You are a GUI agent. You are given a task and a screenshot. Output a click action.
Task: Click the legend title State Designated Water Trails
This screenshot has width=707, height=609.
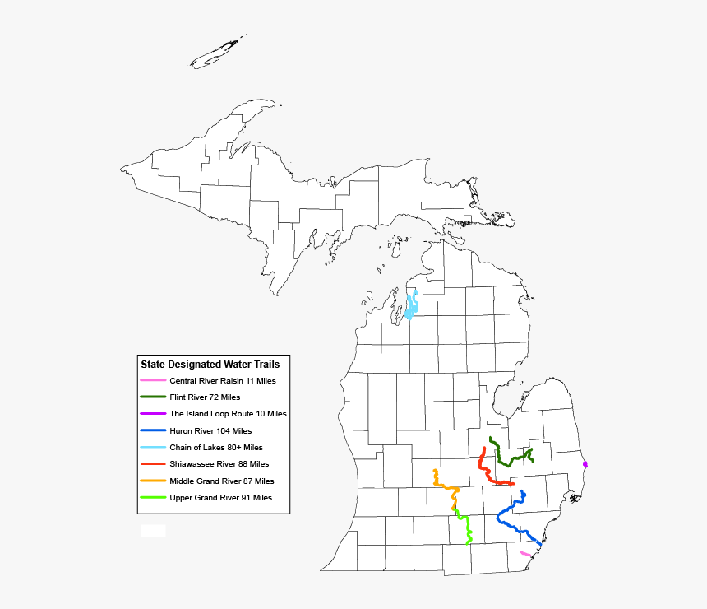pyautogui.click(x=210, y=364)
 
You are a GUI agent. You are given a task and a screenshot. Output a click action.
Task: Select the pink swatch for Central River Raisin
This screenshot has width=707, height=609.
pyautogui.click(x=153, y=380)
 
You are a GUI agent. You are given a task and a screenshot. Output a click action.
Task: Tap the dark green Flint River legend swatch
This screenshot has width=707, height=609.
pyautogui.click(x=153, y=397)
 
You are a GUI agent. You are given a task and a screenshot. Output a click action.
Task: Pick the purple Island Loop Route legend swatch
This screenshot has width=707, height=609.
pyautogui.click(x=153, y=414)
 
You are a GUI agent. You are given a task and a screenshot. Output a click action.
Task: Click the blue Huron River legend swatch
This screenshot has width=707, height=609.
pyautogui.click(x=153, y=430)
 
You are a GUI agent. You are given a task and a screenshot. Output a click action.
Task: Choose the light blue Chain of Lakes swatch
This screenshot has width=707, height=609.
pyautogui.click(x=153, y=448)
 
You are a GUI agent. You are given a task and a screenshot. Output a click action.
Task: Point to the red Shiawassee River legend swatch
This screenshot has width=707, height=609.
pyautogui.click(x=153, y=464)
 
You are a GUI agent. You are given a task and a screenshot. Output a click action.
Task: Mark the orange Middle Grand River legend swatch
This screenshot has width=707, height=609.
pyautogui.click(x=153, y=481)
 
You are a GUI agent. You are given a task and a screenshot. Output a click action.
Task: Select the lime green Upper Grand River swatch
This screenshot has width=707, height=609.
pyautogui.click(x=153, y=497)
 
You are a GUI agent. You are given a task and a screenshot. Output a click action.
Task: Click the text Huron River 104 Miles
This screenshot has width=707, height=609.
pyautogui.click(x=210, y=430)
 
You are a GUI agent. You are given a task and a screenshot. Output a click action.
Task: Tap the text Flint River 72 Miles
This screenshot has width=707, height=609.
pyautogui.click(x=205, y=397)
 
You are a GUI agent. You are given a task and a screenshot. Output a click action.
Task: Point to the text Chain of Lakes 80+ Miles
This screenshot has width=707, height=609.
pyautogui.click(x=216, y=448)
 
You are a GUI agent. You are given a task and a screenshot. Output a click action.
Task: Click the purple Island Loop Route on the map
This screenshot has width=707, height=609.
pyautogui.click(x=585, y=464)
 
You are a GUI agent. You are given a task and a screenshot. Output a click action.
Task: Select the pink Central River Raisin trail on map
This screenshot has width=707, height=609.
pyautogui.click(x=524, y=554)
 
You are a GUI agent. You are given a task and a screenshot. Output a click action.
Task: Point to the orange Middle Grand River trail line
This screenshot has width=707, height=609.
pyautogui.click(x=445, y=486)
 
